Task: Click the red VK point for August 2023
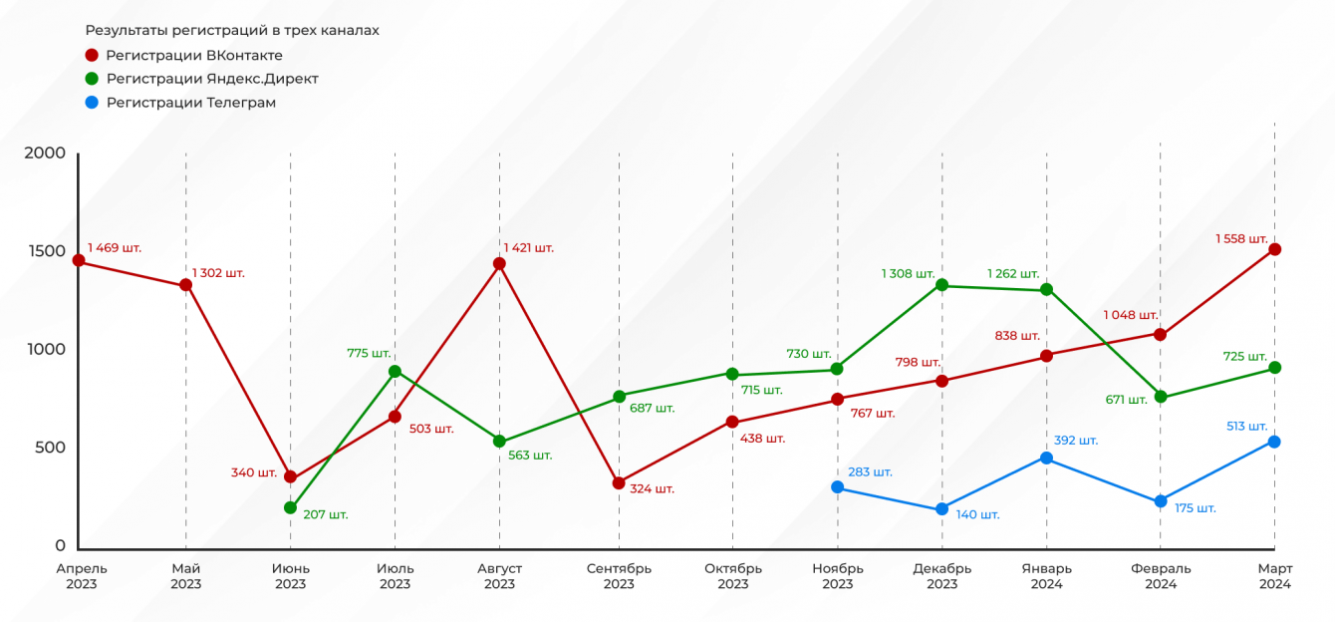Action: point(499,264)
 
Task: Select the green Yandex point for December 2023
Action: point(941,286)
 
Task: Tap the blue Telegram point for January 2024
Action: point(1046,459)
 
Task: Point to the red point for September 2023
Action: point(619,483)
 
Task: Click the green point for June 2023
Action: point(290,508)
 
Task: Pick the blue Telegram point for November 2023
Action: point(837,487)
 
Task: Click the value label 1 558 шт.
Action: point(1241,239)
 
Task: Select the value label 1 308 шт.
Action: point(908,273)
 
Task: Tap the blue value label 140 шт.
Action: point(976,515)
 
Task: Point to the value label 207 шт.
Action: point(326,515)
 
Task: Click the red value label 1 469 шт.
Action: point(115,247)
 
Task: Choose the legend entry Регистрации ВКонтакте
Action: point(194,56)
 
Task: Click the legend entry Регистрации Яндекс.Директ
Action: point(212,79)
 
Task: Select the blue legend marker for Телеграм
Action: point(93,103)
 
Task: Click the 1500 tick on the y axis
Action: point(46,251)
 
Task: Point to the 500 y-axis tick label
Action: point(50,448)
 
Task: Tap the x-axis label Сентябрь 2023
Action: point(619,576)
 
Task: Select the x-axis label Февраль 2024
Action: point(1161,576)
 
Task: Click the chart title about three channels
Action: point(232,31)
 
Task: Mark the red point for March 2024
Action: point(1274,249)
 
